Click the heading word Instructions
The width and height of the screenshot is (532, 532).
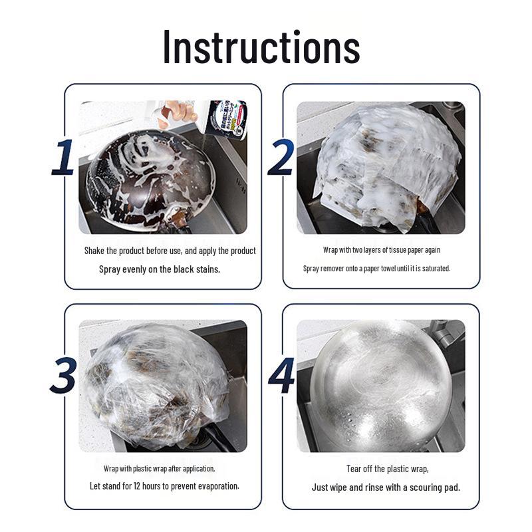tap(261, 47)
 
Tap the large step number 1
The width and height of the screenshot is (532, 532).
tap(63, 158)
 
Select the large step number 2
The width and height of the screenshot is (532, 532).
tap(281, 157)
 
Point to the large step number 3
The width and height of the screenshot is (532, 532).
tap(63, 376)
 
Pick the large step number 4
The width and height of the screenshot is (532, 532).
tap(282, 376)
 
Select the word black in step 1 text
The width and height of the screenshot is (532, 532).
tap(184, 269)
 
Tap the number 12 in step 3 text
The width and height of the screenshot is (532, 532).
tap(137, 486)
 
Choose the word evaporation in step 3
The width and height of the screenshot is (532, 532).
tap(219, 487)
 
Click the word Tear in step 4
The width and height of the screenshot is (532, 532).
tap(354, 469)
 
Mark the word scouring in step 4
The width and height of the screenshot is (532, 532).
tap(424, 487)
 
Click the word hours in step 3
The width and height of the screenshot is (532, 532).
tap(152, 486)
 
